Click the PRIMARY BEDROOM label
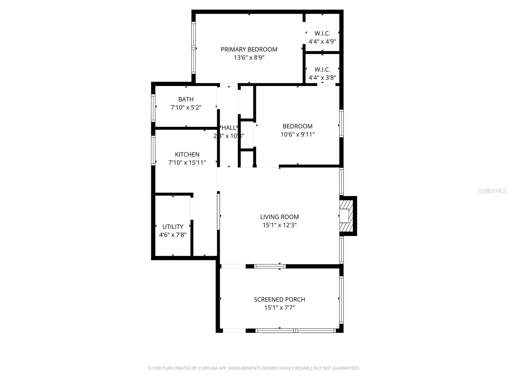(x=249, y=49)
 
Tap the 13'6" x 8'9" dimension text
(x=249, y=57)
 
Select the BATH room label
(x=186, y=99)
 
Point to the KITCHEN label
(x=187, y=154)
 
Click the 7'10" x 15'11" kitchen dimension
(x=187, y=163)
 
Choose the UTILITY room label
(x=173, y=227)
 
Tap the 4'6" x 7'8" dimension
(x=173, y=235)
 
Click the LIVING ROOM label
(x=279, y=217)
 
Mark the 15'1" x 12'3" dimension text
(x=279, y=225)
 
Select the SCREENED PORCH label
(x=279, y=299)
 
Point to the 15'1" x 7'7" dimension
(x=279, y=308)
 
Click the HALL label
(x=229, y=128)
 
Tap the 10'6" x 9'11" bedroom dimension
(x=297, y=134)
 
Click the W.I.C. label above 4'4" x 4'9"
(x=322, y=33)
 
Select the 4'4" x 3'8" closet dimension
(x=322, y=77)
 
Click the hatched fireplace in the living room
(x=346, y=216)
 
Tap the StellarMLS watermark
(x=492, y=190)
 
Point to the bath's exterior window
(x=153, y=108)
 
